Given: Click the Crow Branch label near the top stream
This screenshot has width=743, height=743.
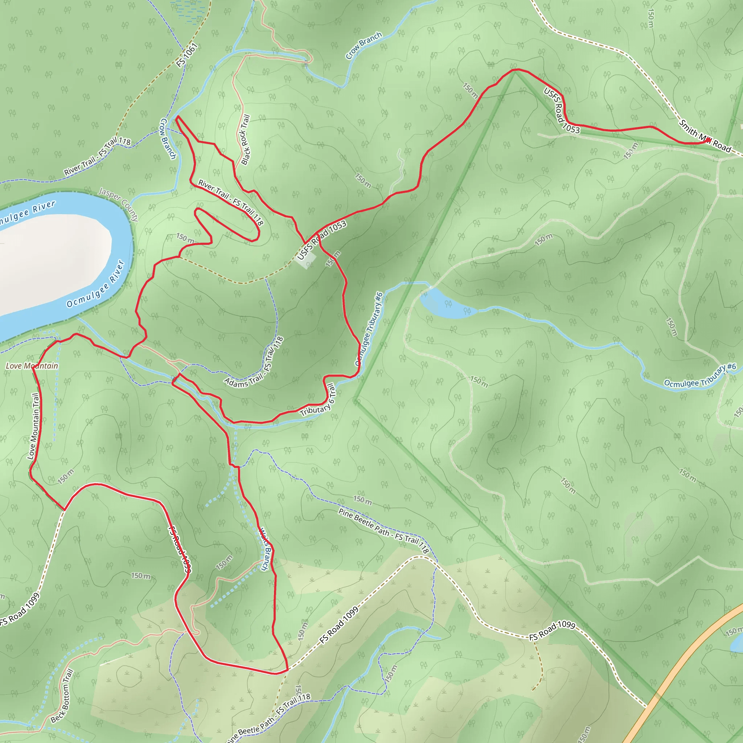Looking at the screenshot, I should (364, 46).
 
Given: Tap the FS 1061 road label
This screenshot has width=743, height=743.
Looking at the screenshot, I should (187, 55).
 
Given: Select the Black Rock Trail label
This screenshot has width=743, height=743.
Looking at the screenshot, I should (245, 140).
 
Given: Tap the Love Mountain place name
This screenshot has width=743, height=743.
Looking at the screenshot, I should (32, 366).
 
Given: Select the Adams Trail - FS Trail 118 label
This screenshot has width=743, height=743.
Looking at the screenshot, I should (254, 364).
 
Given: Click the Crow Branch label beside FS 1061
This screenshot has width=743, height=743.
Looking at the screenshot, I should (168, 139).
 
